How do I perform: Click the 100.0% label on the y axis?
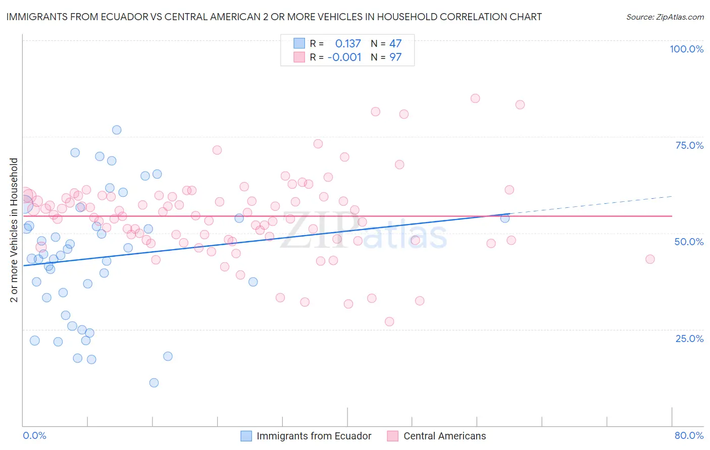click(686, 49)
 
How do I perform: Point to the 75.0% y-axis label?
click(689, 145)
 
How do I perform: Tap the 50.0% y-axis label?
click(689, 242)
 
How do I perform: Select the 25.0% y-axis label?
click(689, 339)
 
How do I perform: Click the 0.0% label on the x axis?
click(34, 435)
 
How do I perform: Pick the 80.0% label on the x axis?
click(689, 435)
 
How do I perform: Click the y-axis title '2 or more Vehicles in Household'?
click(14, 230)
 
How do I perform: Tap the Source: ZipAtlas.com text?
click(665, 17)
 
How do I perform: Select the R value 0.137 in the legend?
click(348, 43)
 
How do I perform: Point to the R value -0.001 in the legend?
click(344, 57)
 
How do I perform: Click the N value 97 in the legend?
click(395, 57)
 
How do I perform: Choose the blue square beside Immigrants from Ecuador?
click(246, 436)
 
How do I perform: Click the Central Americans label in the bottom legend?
click(444, 436)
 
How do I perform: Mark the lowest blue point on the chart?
click(154, 382)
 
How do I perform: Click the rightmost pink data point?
click(650, 259)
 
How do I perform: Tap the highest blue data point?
click(117, 130)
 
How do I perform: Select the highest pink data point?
click(475, 98)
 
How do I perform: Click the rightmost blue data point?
click(504, 218)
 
